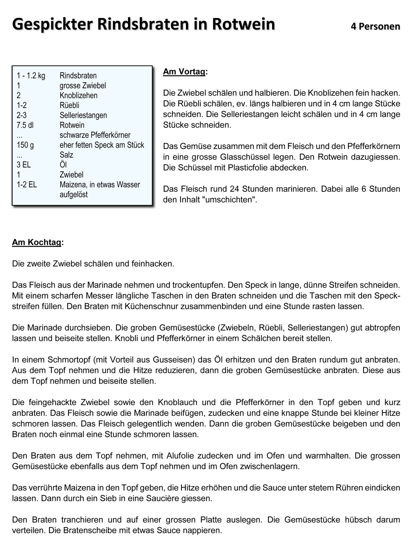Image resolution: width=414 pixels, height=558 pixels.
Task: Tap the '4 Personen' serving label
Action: pos(375,26)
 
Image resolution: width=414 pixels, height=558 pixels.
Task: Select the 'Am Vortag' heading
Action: pos(184,72)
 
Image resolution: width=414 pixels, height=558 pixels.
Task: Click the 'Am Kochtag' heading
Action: pos(37,242)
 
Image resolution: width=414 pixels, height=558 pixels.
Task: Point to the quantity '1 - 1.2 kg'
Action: pos(31,76)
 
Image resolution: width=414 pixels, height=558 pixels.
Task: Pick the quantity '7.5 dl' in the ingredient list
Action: pos(25,125)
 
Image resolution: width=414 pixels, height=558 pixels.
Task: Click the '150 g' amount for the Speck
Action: pos(25,145)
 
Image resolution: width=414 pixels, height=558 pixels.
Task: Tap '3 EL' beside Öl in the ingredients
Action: pos(24,165)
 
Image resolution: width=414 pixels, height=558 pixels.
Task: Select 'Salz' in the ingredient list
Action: pos(66,155)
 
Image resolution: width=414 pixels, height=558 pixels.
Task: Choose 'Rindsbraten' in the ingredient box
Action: pos(78,76)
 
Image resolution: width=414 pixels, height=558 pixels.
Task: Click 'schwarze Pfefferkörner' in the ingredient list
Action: pos(95,135)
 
